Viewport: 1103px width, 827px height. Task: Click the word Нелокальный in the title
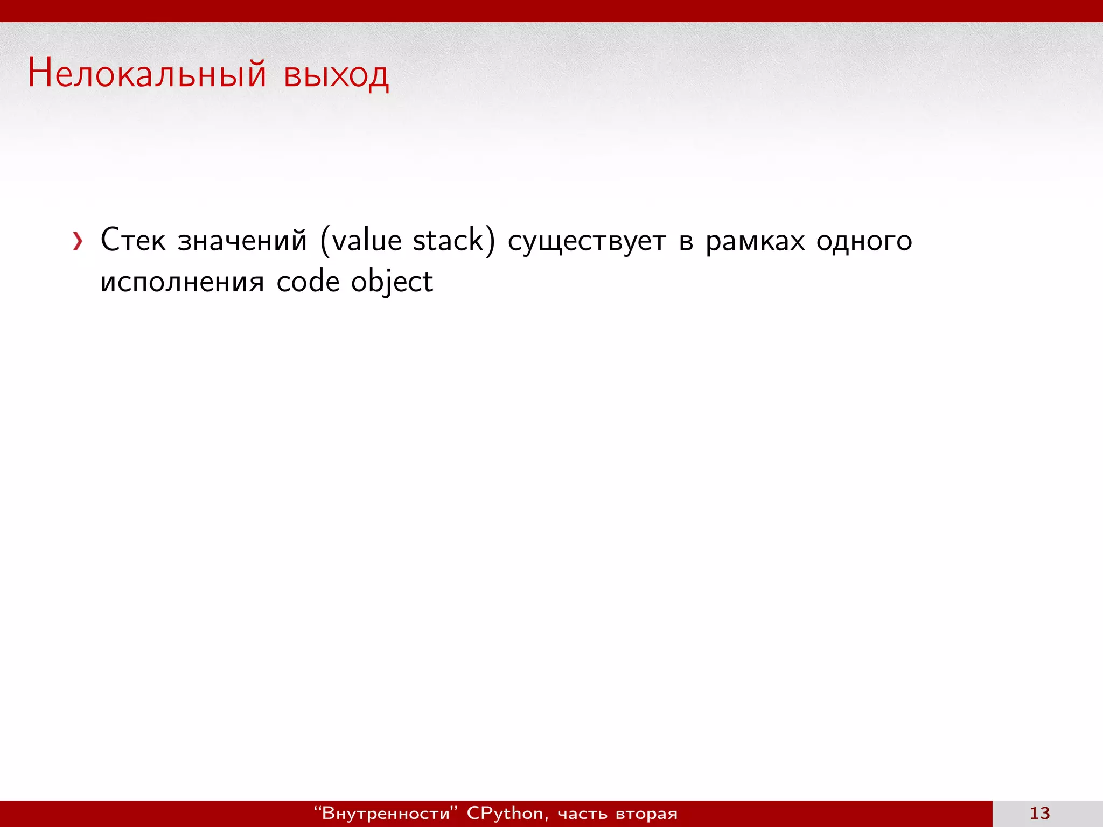click(x=147, y=74)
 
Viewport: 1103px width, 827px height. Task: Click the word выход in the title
click(x=336, y=75)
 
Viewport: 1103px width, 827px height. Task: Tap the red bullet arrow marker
click(x=78, y=241)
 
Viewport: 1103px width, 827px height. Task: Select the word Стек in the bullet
click(x=132, y=240)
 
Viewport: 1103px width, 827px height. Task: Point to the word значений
click(x=242, y=240)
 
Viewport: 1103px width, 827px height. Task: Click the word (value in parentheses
click(x=361, y=240)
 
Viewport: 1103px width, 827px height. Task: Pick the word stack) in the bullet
click(x=453, y=240)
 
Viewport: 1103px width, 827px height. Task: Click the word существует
click(x=587, y=241)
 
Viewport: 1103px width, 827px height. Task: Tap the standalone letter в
click(x=686, y=242)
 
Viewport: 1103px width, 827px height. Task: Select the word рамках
click(x=755, y=241)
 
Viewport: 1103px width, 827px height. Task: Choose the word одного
click(x=864, y=241)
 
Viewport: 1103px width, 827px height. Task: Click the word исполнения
click(x=182, y=282)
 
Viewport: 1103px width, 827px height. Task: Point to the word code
click(x=308, y=282)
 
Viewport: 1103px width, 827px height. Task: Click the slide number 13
click(x=1039, y=813)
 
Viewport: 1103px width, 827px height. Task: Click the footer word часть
click(x=582, y=814)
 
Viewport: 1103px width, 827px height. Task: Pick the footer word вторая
click(x=646, y=814)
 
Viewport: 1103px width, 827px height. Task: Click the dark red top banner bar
click(x=551, y=11)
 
